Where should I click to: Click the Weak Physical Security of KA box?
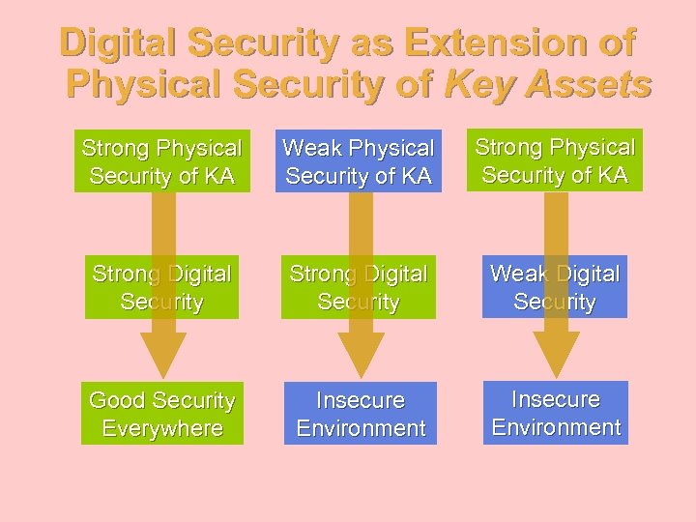pyautogui.click(x=358, y=161)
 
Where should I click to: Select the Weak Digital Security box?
pyautogui.click(x=555, y=287)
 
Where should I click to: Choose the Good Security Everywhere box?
pyautogui.click(x=161, y=414)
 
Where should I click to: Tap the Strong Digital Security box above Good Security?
pyautogui.click(x=161, y=287)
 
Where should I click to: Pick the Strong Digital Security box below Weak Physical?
pyautogui.click(x=358, y=287)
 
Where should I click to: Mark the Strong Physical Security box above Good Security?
pyautogui.click(x=161, y=161)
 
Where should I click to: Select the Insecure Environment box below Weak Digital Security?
pyautogui.click(x=556, y=413)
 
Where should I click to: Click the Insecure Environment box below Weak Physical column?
pyautogui.click(x=361, y=414)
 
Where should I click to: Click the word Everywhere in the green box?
pyautogui.click(x=161, y=428)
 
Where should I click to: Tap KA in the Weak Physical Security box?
pyautogui.click(x=412, y=176)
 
